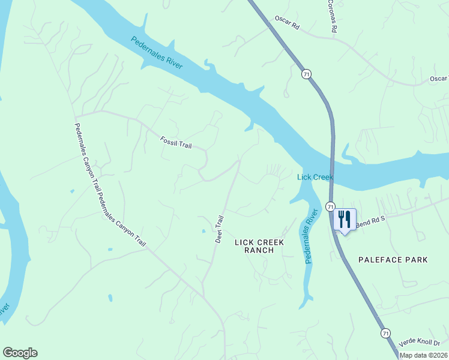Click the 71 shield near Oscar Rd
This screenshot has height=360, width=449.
(307, 74)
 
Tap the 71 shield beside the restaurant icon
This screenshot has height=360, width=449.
(330, 206)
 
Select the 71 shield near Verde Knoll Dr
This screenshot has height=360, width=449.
(385, 332)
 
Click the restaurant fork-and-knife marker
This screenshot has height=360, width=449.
(345, 219)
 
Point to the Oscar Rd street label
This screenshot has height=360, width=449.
(286, 23)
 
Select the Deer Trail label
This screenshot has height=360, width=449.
(219, 229)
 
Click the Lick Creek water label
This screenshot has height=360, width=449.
(315, 177)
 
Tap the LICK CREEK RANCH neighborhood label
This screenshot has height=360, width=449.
(259, 246)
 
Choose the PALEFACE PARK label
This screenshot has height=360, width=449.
(393, 260)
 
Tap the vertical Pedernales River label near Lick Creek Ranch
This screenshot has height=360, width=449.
(310, 236)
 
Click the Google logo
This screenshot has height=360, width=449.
(20, 353)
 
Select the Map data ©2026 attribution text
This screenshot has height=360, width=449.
(423, 355)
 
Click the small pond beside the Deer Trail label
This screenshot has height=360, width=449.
(203, 230)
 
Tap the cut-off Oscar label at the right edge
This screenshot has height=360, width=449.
(438, 79)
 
